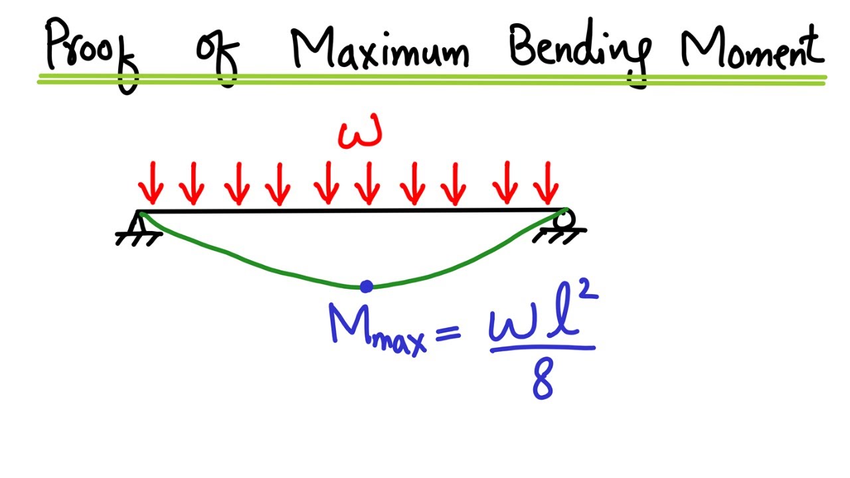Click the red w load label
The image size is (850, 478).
[x=360, y=134]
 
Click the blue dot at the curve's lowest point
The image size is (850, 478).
[x=366, y=286]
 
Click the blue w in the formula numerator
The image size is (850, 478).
[x=513, y=325]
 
